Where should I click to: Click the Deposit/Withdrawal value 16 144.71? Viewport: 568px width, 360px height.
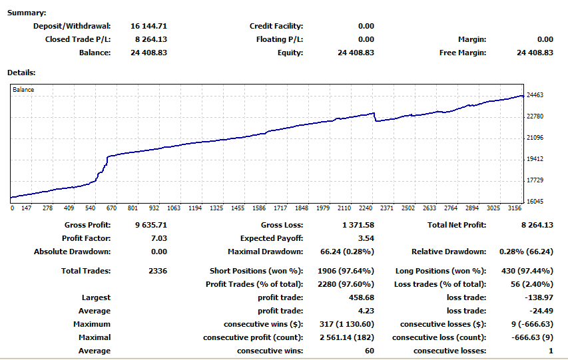click(x=148, y=26)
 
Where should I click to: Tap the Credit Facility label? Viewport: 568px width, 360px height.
click(x=276, y=26)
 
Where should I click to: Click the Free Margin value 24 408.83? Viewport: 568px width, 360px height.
click(x=535, y=53)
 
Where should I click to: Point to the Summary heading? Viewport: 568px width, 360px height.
click(x=27, y=13)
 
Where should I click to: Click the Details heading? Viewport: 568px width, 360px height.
click(x=21, y=72)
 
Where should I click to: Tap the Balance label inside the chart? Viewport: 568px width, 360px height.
click(x=23, y=90)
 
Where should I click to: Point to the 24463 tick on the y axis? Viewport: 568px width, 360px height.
click(x=535, y=96)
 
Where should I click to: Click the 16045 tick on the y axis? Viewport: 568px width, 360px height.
click(x=535, y=202)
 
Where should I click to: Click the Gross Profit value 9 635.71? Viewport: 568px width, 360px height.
click(x=148, y=226)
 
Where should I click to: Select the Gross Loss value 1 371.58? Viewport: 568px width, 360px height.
click(x=358, y=226)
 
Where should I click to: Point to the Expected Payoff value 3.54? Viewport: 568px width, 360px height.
click(x=366, y=238)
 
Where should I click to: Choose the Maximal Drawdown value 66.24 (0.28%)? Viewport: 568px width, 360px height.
click(x=346, y=252)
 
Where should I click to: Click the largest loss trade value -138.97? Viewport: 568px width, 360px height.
click(x=540, y=297)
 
